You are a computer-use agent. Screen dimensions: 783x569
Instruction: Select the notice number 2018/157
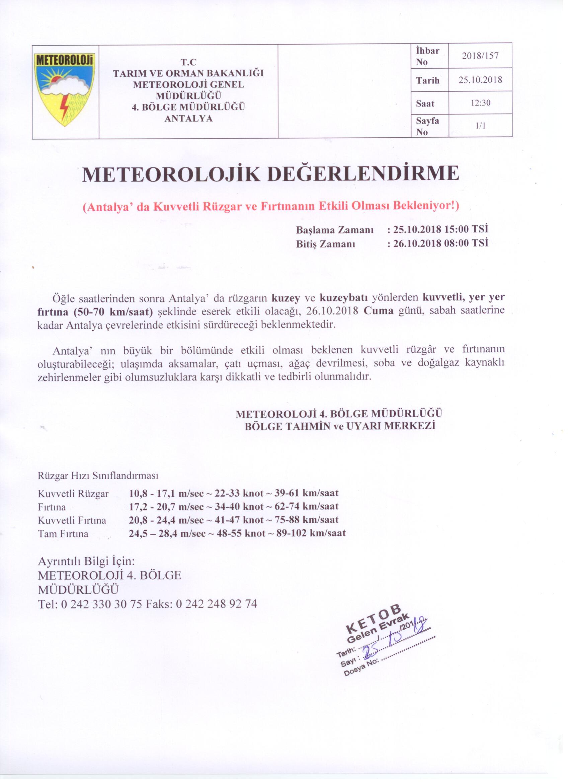pyautogui.click(x=480, y=56)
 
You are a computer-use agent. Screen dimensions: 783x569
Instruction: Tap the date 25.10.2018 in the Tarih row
pyautogui.click(x=480, y=80)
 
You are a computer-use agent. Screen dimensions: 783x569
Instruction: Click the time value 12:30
pyautogui.click(x=480, y=103)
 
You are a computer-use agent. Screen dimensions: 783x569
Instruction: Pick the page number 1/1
pyautogui.click(x=480, y=126)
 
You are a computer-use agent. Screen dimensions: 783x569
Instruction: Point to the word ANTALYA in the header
pyautogui.click(x=188, y=119)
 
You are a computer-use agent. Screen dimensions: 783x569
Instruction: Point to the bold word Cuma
pyautogui.click(x=379, y=311)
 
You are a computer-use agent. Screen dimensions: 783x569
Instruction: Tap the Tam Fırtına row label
pyautogui.click(x=63, y=534)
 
